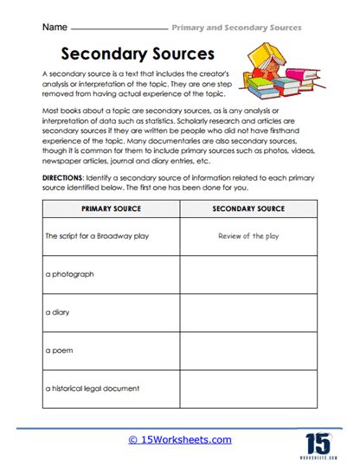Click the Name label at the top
tap(55, 28)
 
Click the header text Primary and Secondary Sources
tap(235, 28)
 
